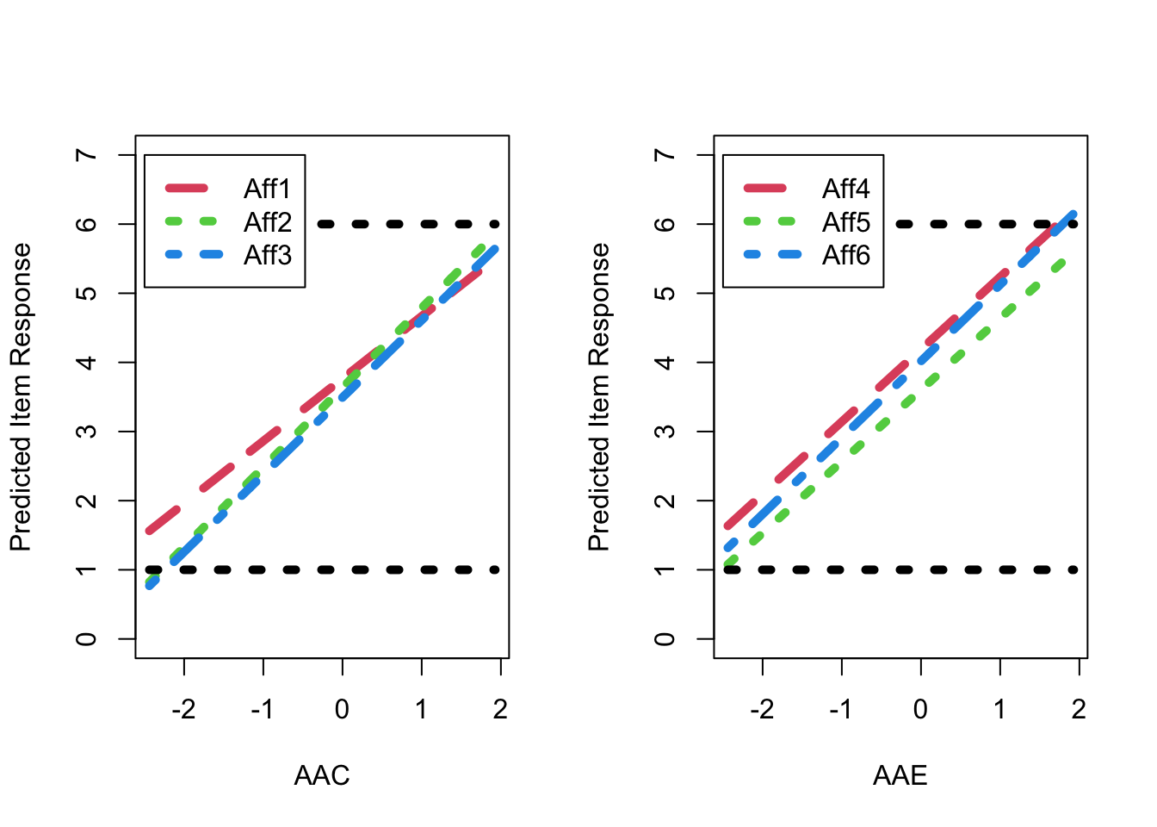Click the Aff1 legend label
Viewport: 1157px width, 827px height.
pos(267,189)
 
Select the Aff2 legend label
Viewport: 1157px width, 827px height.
pos(267,222)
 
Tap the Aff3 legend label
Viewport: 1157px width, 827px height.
pos(267,255)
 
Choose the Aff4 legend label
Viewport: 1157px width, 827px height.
pos(845,189)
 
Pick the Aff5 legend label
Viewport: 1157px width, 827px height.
pos(845,222)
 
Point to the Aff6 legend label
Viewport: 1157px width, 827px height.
pos(845,255)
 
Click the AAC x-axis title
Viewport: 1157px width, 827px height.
pos(322,775)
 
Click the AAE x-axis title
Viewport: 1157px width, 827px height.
pos(900,775)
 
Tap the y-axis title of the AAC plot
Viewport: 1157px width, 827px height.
pos(21,397)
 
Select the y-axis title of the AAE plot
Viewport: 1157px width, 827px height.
pos(599,397)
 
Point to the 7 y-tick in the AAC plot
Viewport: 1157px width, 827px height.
pos(86,155)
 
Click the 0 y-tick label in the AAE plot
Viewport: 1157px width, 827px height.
pos(665,639)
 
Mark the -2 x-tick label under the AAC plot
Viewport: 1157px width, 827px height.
pos(183,710)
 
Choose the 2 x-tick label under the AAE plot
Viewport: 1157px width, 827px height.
pos(1079,710)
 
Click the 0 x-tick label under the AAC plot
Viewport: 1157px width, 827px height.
pos(343,710)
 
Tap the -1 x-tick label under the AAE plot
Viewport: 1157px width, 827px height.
pos(841,710)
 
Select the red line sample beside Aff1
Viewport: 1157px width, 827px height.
pos(187,188)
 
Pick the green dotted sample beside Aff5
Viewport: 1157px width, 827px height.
pos(765,221)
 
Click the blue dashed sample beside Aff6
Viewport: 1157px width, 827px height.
pos(765,255)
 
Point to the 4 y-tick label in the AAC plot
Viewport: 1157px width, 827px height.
pos(86,363)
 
